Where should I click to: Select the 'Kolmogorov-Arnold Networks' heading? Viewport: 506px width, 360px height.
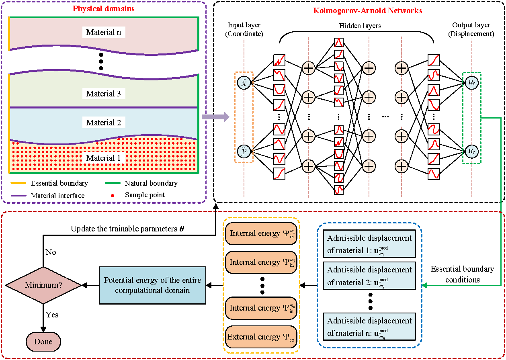click(x=368, y=11)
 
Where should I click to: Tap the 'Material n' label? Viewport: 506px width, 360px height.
click(x=104, y=33)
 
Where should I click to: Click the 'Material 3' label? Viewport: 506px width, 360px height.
click(x=104, y=94)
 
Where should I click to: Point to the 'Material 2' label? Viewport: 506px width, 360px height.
click(x=104, y=123)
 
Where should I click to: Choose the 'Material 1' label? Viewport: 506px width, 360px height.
click(x=104, y=158)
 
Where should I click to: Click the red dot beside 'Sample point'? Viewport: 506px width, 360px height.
click(x=113, y=195)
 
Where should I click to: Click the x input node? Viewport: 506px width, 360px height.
click(x=244, y=83)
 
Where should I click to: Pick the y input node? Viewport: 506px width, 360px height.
click(x=244, y=151)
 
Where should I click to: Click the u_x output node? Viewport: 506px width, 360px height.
click(x=472, y=83)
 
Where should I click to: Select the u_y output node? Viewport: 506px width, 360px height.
click(x=472, y=151)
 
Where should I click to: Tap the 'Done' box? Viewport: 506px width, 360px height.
click(x=43, y=342)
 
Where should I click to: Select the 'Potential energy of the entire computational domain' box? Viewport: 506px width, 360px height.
click(x=152, y=285)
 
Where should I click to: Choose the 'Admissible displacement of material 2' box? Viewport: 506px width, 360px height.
click(x=369, y=276)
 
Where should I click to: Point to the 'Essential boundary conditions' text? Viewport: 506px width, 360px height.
click(x=462, y=274)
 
